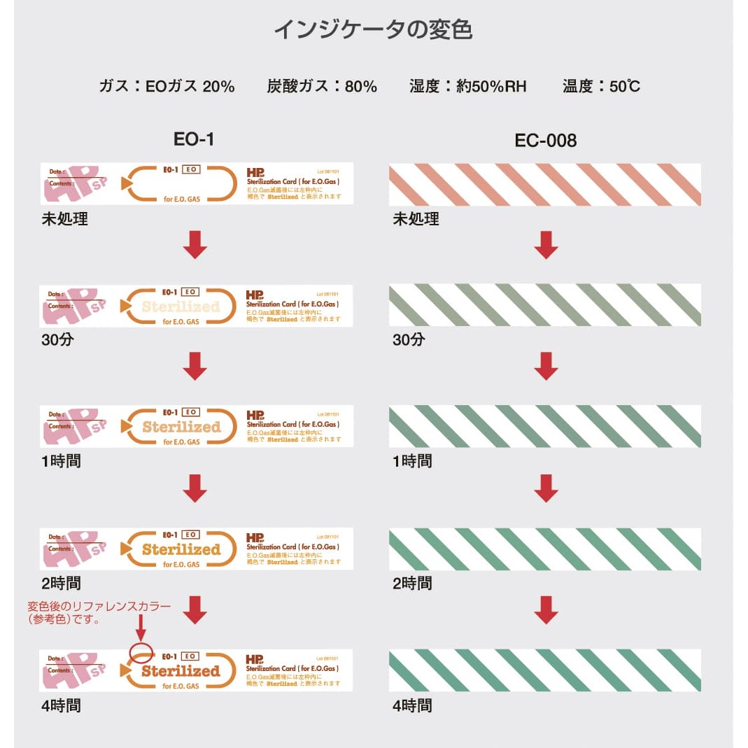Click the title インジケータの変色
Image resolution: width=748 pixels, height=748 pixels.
pyautogui.click(x=373, y=30)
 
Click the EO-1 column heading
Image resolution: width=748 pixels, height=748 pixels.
pyautogui.click(x=194, y=139)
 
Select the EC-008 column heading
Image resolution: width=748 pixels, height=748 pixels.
pyautogui.click(x=545, y=140)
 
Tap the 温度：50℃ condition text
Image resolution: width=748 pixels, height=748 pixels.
pyautogui.click(x=601, y=86)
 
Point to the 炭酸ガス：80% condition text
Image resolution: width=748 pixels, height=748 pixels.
pyautogui.click(x=322, y=86)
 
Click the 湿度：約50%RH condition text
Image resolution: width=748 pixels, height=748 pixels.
pyautogui.click(x=467, y=86)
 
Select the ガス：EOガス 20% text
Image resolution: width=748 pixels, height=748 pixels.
pyautogui.click(x=167, y=86)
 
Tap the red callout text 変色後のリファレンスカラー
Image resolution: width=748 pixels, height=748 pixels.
pyautogui.click(x=98, y=607)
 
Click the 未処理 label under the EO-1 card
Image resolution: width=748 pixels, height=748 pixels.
pyautogui.click(x=64, y=218)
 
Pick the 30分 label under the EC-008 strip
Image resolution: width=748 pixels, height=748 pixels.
pyautogui.click(x=408, y=340)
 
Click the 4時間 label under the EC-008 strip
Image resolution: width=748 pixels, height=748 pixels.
pyautogui.click(x=412, y=705)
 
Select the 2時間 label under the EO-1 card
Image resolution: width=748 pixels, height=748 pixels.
pyautogui.click(x=61, y=583)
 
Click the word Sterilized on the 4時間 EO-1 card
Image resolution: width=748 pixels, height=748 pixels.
pyautogui.click(x=181, y=671)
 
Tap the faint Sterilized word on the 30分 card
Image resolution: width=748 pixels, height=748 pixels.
pyautogui.click(x=181, y=306)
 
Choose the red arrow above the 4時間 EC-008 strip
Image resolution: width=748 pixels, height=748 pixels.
pyautogui.click(x=546, y=609)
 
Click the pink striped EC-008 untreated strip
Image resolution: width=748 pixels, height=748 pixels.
pyautogui.click(x=544, y=185)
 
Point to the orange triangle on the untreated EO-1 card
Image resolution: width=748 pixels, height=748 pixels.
pyautogui.click(x=126, y=183)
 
